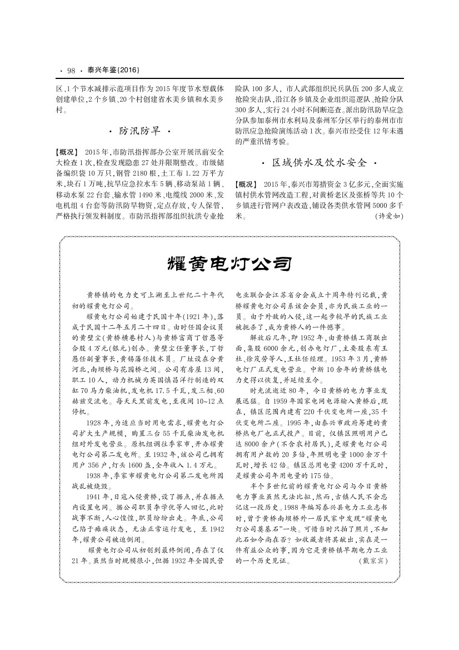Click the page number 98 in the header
(x=71, y=70)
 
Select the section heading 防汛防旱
(x=139, y=131)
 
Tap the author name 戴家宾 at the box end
(x=373, y=562)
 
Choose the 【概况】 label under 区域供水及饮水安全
(x=246, y=184)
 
